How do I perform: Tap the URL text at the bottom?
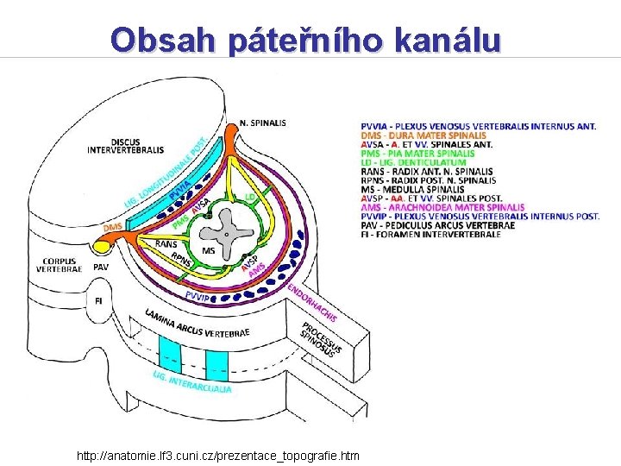[218, 455]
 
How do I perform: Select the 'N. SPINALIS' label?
[263, 123]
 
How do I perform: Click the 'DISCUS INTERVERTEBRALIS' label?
[125, 146]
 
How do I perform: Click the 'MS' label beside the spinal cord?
[209, 250]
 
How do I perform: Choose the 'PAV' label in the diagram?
[101, 268]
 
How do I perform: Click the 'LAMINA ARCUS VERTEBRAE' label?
[198, 324]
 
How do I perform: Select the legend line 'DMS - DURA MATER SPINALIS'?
[423, 135]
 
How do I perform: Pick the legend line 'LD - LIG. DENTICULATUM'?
[413, 162]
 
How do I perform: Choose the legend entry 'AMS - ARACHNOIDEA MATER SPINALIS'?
[442, 207]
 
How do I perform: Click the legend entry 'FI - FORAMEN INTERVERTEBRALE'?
[430, 234]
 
